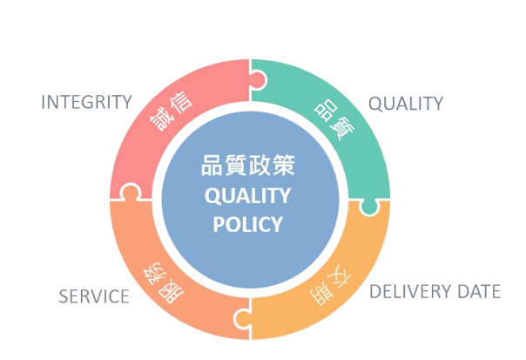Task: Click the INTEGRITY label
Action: click(86, 102)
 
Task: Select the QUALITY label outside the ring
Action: click(405, 104)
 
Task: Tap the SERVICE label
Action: click(94, 296)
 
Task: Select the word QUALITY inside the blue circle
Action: click(247, 195)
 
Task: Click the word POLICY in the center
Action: click(247, 224)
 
